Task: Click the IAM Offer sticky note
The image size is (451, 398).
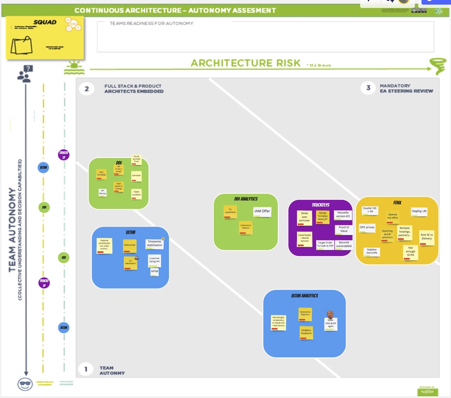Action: click(x=262, y=212)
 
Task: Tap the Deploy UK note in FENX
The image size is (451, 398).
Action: click(x=419, y=212)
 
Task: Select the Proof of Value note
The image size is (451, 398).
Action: click(x=343, y=229)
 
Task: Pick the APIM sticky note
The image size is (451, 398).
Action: click(x=154, y=272)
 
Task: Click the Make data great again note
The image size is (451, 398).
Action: click(x=331, y=323)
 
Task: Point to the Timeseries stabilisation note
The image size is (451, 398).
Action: click(x=154, y=244)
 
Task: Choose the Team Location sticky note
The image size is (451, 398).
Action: click(x=136, y=193)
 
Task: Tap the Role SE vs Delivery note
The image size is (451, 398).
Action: click(x=427, y=237)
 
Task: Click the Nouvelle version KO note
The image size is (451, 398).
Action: click(x=343, y=215)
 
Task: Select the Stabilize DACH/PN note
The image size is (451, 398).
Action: click(x=371, y=252)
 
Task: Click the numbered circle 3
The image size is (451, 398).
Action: click(x=368, y=88)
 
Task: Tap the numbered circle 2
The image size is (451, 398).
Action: click(x=87, y=88)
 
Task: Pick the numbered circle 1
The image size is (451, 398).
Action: click(x=86, y=369)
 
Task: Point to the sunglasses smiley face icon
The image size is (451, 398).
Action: click(x=25, y=384)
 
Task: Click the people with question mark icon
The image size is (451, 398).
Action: click(x=25, y=73)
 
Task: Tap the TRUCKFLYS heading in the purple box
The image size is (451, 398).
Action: click(x=321, y=205)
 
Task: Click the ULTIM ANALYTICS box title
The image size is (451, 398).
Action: click(x=304, y=296)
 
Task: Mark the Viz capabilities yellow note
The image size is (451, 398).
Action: click(x=230, y=212)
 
